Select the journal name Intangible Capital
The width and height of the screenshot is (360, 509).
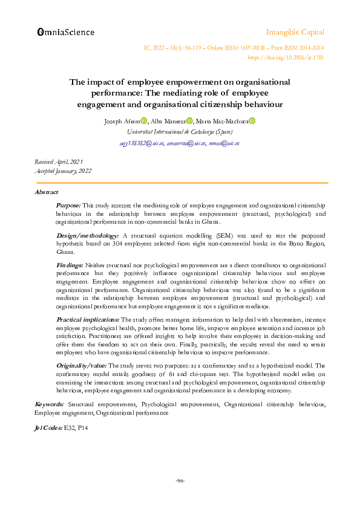(295, 32)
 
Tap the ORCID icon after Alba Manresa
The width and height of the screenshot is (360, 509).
(189, 121)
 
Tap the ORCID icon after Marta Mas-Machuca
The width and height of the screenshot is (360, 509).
(252, 121)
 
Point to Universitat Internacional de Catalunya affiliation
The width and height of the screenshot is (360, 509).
(180, 132)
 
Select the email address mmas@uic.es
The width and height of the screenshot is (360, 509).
(224, 143)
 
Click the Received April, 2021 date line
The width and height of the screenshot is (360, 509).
(58, 162)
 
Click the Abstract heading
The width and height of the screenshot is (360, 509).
(47, 192)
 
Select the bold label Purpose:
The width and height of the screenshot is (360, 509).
(68, 206)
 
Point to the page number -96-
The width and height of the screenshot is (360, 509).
(180, 481)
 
